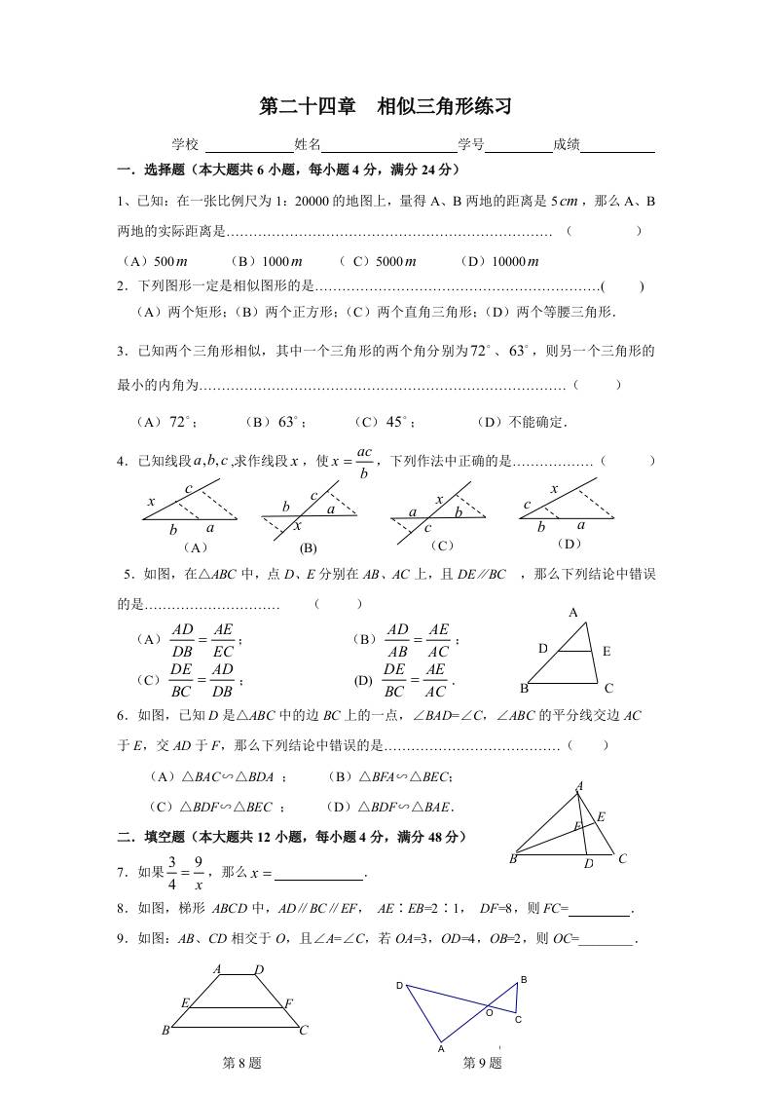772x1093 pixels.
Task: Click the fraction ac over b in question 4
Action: (x=365, y=462)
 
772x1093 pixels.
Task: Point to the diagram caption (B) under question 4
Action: (x=309, y=547)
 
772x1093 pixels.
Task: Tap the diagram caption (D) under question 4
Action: (x=567, y=544)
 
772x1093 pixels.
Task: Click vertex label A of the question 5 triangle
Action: (x=573, y=612)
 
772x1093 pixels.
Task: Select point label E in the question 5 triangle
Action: (x=607, y=651)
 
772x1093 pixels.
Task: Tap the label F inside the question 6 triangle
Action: (x=576, y=826)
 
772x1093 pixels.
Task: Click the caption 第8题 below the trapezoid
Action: (x=242, y=1063)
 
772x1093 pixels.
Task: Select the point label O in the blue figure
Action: (x=489, y=1012)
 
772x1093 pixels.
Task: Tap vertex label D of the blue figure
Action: (x=399, y=986)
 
